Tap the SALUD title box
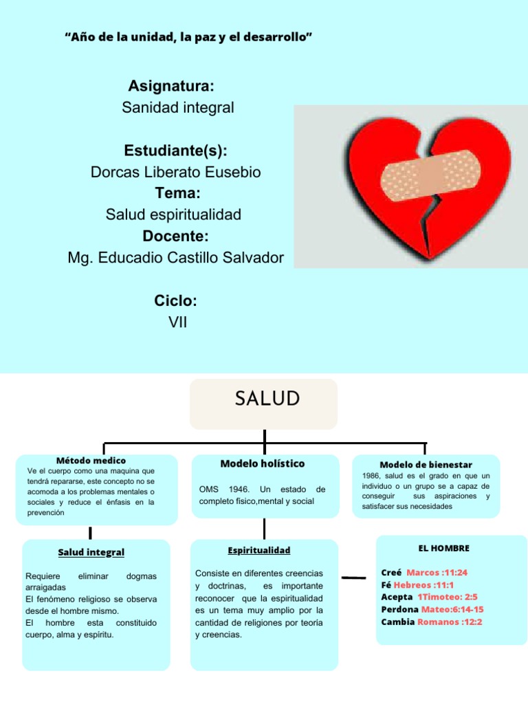click(264, 404)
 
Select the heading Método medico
click(91, 460)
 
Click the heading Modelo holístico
click(262, 464)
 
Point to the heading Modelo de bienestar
click(426, 465)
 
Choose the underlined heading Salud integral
click(91, 552)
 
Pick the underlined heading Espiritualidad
click(258, 550)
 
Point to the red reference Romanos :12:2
click(450, 621)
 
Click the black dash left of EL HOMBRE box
click(353, 578)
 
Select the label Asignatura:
click(170, 87)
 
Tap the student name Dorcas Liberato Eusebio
click(176, 172)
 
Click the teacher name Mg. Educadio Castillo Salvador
click(175, 258)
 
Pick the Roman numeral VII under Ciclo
click(177, 322)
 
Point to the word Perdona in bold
click(399, 609)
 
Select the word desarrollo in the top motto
click(279, 36)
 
